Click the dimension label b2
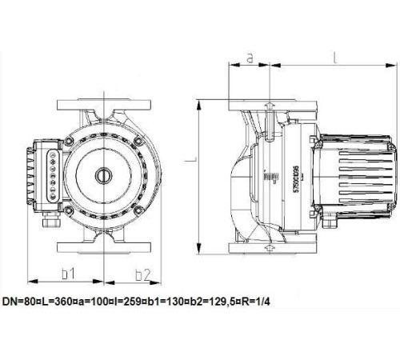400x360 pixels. pyautogui.click(x=142, y=274)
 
